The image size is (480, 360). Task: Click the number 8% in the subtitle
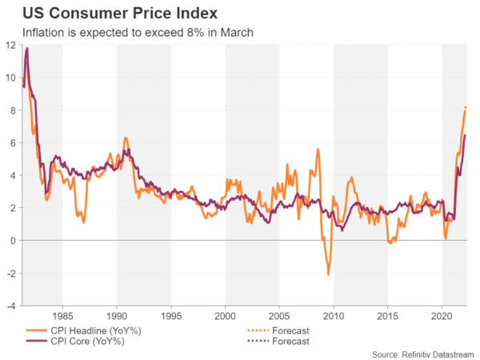(185, 33)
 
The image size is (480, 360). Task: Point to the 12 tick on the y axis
(11, 45)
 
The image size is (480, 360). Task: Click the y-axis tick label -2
(11, 274)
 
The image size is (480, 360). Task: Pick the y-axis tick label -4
(11, 306)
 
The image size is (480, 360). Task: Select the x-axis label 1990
(117, 316)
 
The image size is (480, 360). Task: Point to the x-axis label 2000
(225, 316)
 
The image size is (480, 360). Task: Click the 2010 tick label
(334, 316)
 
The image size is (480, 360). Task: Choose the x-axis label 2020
(442, 316)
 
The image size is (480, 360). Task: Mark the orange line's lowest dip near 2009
(328, 275)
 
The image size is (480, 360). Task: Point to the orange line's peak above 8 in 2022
(466, 107)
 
